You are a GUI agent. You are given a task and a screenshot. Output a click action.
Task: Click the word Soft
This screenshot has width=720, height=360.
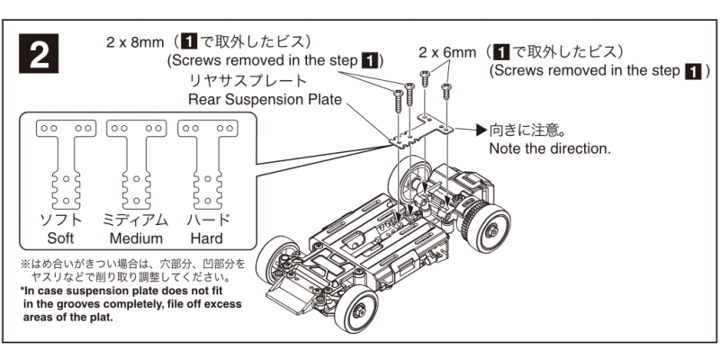tap(65, 238)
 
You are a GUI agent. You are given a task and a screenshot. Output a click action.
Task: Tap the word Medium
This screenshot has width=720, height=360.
tap(136, 238)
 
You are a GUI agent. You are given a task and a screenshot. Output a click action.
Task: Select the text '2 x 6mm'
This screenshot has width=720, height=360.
tap(447, 52)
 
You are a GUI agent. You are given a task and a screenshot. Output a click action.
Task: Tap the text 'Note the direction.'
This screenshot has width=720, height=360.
tap(549, 148)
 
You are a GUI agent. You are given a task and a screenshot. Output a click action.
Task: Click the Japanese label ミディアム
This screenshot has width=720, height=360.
tap(136, 220)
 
